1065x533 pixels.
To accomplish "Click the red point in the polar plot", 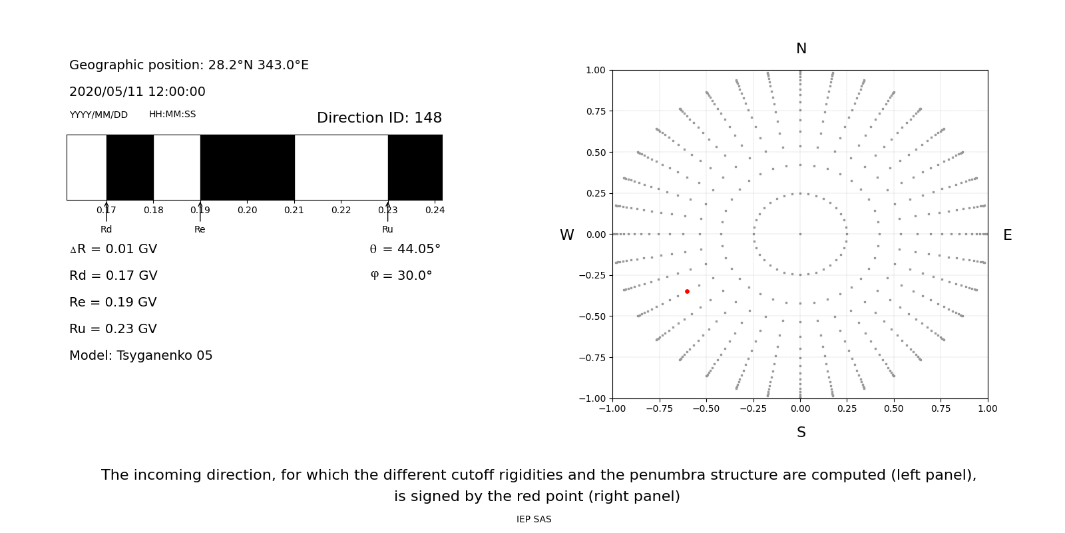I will [x=687, y=291].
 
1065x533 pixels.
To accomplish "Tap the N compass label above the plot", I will [x=801, y=49].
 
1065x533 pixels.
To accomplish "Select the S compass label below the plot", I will [x=801, y=432].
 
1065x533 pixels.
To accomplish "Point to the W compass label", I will [x=566, y=235].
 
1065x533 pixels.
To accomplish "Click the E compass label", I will [x=1007, y=235].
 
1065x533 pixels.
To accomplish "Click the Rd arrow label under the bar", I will [x=106, y=229].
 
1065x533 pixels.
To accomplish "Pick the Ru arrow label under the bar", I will [x=387, y=229].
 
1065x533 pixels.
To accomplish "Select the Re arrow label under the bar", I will [x=200, y=229].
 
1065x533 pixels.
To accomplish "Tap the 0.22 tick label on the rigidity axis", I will [x=341, y=210].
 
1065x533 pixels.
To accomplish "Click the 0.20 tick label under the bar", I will [x=247, y=210].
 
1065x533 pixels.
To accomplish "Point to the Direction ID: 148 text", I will [x=379, y=118].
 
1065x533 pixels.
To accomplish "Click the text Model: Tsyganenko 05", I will [x=141, y=356].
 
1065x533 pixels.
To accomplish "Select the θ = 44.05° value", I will [x=405, y=249].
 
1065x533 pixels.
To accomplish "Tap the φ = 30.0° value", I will [x=401, y=276].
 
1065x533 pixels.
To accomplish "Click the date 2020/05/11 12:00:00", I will [x=137, y=92].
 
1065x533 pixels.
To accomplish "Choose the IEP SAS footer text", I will [x=534, y=519].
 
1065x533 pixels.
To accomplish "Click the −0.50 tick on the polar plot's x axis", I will [x=706, y=408].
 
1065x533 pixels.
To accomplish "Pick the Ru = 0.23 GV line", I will [x=113, y=329].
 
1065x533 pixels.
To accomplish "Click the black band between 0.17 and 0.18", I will [x=130, y=167].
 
